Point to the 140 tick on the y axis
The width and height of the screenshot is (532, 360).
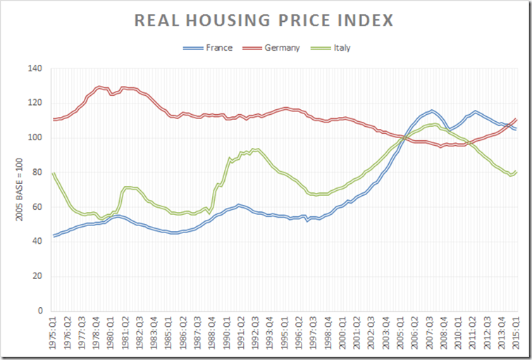[35, 69]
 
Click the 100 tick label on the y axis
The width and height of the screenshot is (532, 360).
[35, 138]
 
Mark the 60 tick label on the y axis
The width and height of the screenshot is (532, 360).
[37, 207]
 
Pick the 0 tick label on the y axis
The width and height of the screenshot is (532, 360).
[39, 311]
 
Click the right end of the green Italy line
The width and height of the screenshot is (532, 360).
[517, 170]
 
